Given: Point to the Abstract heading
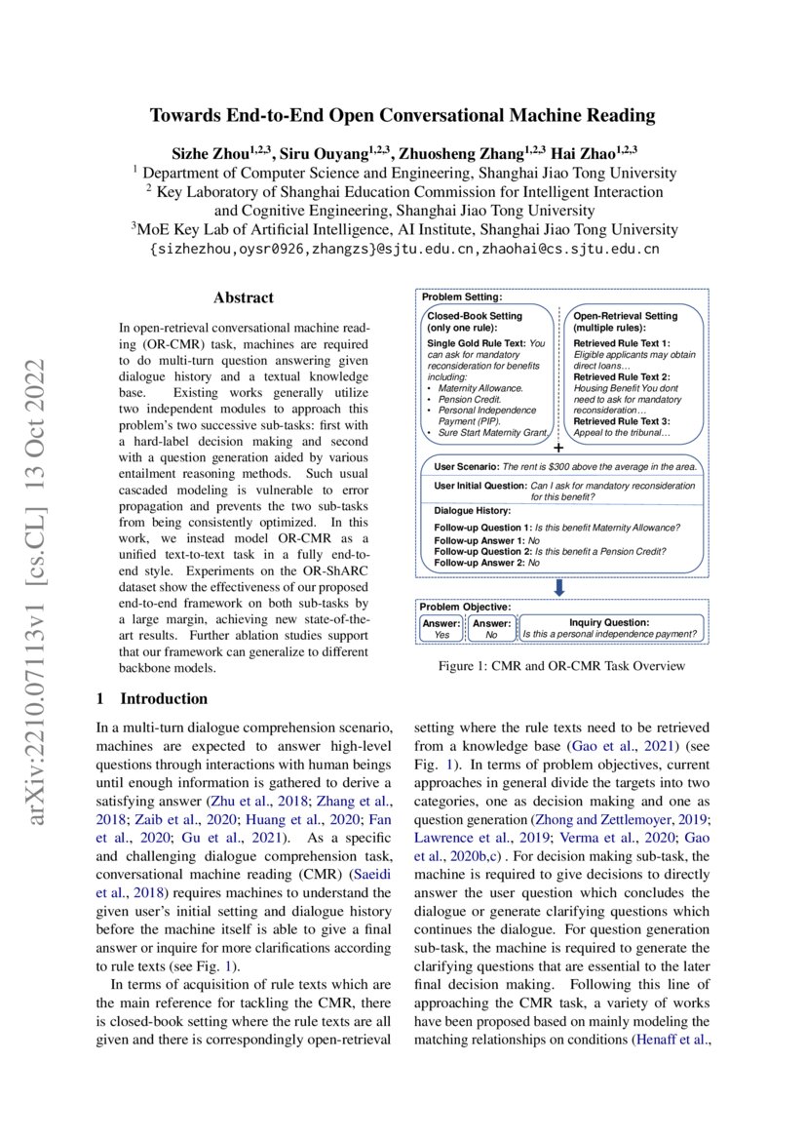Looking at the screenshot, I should [x=244, y=298].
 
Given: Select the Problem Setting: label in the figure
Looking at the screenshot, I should [x=462, y=296].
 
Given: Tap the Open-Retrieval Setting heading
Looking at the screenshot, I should [x=625, y=316].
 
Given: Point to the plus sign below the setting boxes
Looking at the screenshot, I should [x=558, y=448].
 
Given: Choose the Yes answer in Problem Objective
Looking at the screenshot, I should [x=441, y=634].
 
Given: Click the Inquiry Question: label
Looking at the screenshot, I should [x=608, y=622].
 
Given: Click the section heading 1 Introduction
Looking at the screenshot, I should [x=152, y=698].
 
